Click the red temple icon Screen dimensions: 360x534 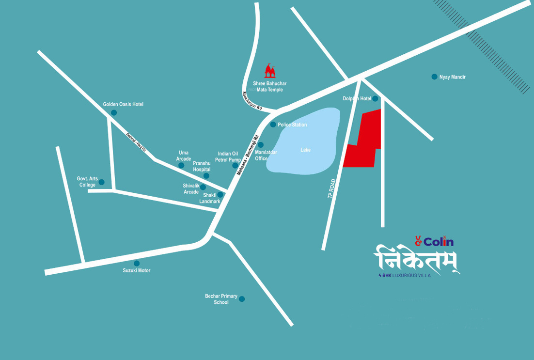tap(270, 71)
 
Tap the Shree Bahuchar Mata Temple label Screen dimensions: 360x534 tap(270, 87)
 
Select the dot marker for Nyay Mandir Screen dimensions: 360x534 tap(435, 77)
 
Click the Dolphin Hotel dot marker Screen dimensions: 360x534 tap(375, 99)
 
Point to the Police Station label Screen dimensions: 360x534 tap(292, 125)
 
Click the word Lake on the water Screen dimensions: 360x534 tap(305, 150)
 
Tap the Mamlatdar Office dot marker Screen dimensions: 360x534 tap(261, 145)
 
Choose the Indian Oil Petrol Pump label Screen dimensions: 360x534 tap(228, 157)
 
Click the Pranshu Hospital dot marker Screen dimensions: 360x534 tap(206, 176)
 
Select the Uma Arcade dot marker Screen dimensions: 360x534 tap(181, 165)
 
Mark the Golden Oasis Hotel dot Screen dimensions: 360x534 tap(114, 113)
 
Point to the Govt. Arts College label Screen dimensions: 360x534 tap(87, 182)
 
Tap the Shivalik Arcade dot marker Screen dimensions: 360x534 tap(203, 187)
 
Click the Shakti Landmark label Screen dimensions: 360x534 tap(209, 198)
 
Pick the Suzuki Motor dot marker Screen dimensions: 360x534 tap(137, 263)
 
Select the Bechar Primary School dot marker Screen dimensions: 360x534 tap(242, 299)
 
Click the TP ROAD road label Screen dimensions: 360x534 tap(332, 188)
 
